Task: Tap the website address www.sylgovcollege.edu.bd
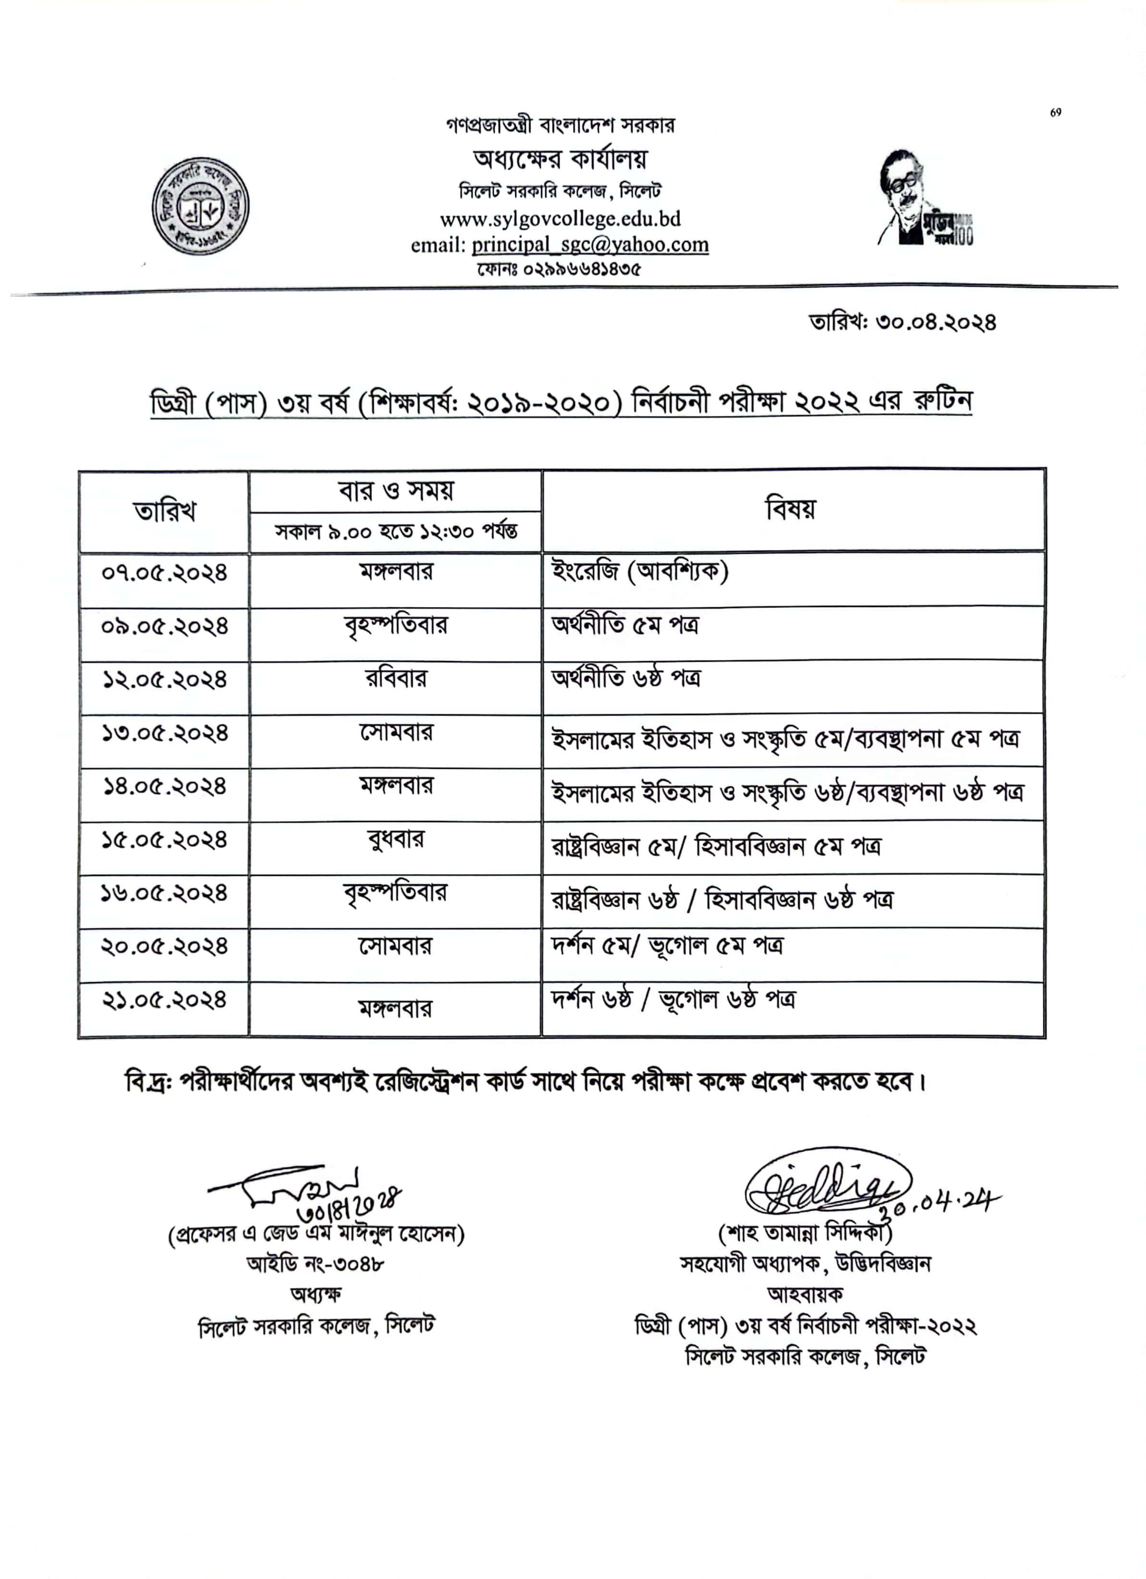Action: [x=560, y=219]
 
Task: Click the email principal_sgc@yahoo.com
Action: [x=590, y=245]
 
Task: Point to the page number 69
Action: [x=1056, y=113]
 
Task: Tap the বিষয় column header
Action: [x=791, y=510]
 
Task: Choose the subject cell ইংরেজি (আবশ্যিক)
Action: [x=640, y=572]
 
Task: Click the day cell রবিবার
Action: [x=395, y=679]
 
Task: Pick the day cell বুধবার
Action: [x=395, y=839]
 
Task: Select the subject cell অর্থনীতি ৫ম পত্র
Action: [x=625, y=625]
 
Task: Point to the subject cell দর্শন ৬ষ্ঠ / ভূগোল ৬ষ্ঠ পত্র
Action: [x=672, y=1000]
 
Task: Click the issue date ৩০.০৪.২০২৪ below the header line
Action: [x=902, y=322]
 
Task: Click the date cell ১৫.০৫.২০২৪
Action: [x=164, y=840]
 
